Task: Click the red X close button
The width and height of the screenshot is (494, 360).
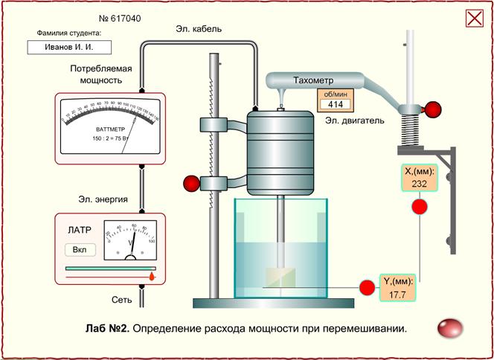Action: click(475, 18)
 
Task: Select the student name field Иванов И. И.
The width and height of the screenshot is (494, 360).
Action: click(69, 47)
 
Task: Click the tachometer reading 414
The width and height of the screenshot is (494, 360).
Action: click(335, 105)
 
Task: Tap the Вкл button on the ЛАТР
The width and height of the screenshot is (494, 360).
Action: click(80, 248)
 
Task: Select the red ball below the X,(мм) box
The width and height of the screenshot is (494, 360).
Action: click(419, 207)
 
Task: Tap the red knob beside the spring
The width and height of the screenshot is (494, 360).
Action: click(431, 110)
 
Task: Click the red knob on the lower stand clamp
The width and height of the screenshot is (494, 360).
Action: click(191, 183)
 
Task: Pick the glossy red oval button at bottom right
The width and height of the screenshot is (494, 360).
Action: click(449, 327)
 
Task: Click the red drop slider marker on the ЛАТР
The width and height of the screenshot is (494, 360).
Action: click(152, 276)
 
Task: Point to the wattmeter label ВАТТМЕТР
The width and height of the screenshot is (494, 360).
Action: click(110, 129)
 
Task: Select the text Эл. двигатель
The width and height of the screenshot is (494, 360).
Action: click(355, 120)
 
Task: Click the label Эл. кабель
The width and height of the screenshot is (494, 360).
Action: click(199, 29)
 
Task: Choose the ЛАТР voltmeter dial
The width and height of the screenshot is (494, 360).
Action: click(129, 240)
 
